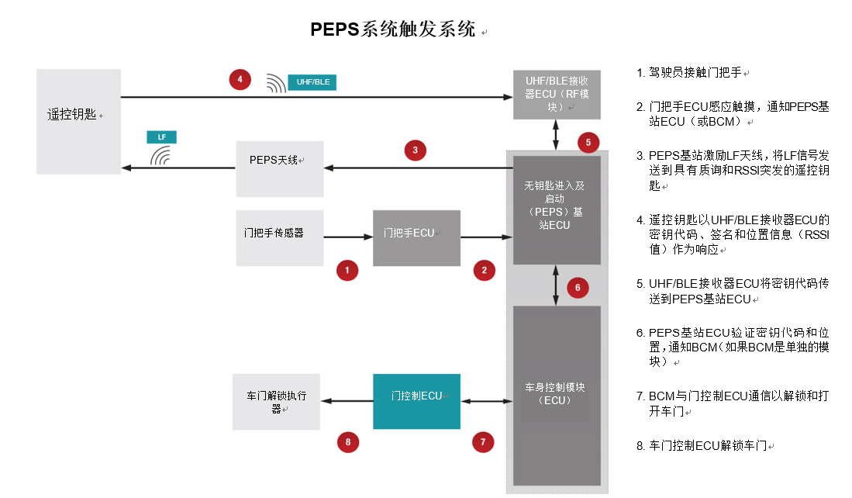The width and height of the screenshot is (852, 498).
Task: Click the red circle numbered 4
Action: pyautogui.click(x=240, y=79)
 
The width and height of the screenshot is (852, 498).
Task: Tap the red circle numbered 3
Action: pyautogui.click(x=415, y=150)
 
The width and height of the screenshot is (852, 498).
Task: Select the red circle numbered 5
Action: pyautogui.click(x=588, y=143)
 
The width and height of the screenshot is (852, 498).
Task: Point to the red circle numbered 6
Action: pyautogui.click(x=578, y=288)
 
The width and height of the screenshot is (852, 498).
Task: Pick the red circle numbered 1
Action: pyautogui.click(x=347, y=270)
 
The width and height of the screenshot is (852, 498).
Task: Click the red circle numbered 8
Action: pyautogui.click(x=348, y=442)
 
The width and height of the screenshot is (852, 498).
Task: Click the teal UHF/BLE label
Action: pyautogui.click(x=312, y=82)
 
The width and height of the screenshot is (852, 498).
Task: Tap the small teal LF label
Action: pyautogui.click(x=161, y=137)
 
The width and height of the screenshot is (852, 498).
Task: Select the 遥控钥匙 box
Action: pyautogui.click(x=79, y=121)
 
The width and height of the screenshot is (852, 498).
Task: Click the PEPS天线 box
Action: pyautogui.click(x=280, y=168)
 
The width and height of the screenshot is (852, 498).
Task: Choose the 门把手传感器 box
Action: pyautogui.click(x=280, y=238)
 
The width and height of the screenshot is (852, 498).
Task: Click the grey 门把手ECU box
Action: pyautogui.click(x=417, y=238)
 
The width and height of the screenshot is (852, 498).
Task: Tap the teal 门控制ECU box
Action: pyautogui.click(x=417, y=402)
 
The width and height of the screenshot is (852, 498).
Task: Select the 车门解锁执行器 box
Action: pyautogui.click(x=277, y=402)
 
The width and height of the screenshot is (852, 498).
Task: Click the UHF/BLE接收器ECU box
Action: pyautogui.click(x=557, y=95)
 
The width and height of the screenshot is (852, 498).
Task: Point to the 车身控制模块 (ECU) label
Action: pyautogui.click(x=555, y=393)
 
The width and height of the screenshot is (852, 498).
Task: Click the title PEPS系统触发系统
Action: pyautogui.click(x=393, y=29)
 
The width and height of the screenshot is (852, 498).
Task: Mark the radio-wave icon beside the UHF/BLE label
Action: pyautogui.click(x=276, y=83)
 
